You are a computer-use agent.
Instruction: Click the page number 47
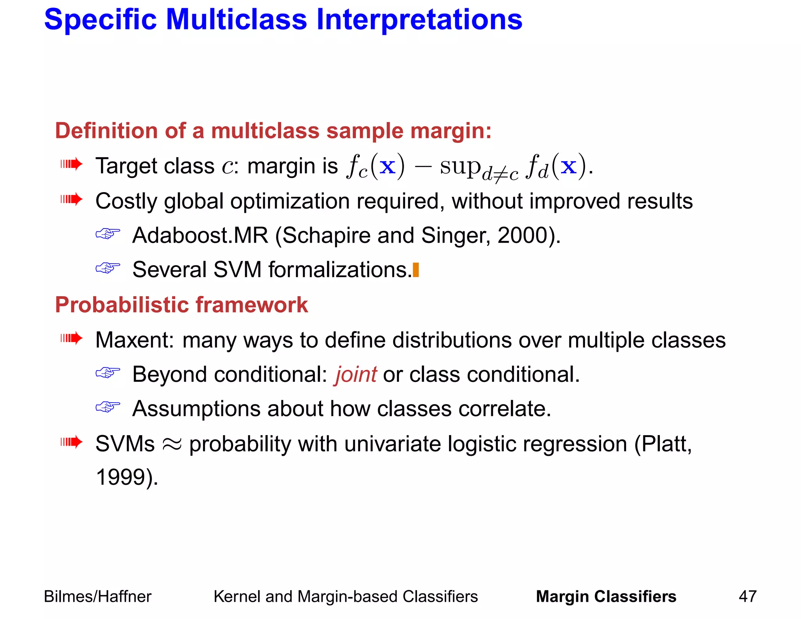pyautogui.click(x=747, y=596)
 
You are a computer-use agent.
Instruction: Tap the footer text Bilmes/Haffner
pyautogui.click(x=97, y=596)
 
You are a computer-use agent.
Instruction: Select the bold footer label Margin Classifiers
pyautogui.click(x=606, y=596)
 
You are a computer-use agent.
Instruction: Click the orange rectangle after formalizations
pyautogui.click(x=416, y=270)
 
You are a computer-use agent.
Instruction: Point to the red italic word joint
pyautogui.click(x=356, y=374)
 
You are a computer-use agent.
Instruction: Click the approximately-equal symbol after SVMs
pyautogui.click(x=172, y=444)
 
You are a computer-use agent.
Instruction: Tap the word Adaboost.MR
pyautogui.click(x=200, y=236)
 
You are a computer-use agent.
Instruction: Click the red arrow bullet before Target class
pyautogui.click(x=72, y=164)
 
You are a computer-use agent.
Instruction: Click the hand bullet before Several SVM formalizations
pyautogui.click(x=108, y=268)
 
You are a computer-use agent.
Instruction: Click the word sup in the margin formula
pyautogui.click(x=460, y=167)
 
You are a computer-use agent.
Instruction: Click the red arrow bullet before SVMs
pyautogui.click(x=72, y=442)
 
